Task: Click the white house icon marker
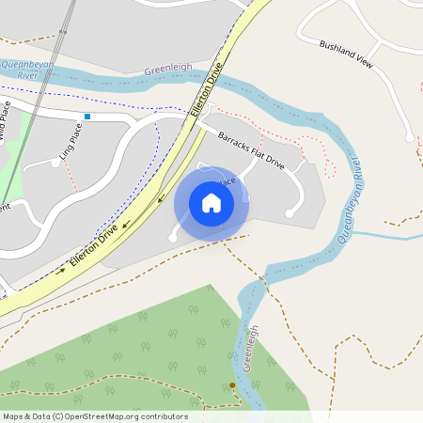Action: click(x=211, y=202)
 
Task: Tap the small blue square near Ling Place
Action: click(x=87, y=117)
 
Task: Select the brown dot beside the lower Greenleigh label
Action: click(x=232, y=385)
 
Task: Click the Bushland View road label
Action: click(x=345, y=54)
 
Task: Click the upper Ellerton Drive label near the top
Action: click(x=209, y=89)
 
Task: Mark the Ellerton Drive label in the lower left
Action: click(x=94, y=248)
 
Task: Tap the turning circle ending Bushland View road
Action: click(x=409, y=138)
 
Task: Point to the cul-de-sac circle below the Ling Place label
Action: click(x=56, y=163)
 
